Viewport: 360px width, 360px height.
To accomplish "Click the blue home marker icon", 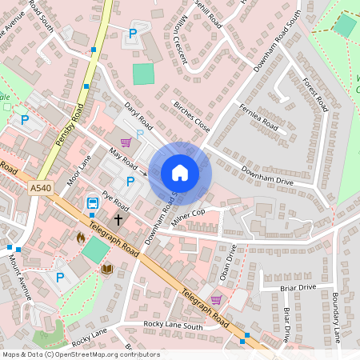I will click(180, 173).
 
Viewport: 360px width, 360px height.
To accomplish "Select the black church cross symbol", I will click(118, 218).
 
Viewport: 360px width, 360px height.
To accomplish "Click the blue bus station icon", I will click(93, 202).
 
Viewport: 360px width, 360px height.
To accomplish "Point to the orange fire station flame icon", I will click(80, 238).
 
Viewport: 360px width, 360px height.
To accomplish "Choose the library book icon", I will click(107, 270).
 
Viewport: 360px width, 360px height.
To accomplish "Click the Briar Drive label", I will click(298, 287).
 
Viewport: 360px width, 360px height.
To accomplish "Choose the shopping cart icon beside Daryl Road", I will click(126, 142).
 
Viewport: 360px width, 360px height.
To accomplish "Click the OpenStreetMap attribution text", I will click(80, 354).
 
